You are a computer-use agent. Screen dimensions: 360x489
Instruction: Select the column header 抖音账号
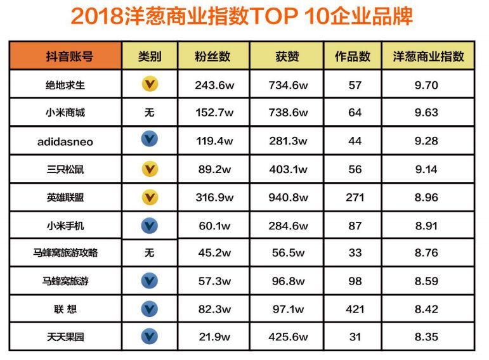pyautogui.click(x=65, y=56)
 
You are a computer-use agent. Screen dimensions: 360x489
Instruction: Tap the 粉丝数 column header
pyautogui.click(x=213, y=56)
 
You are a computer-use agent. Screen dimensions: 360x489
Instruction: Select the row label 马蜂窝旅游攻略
pyautogui.click(x=65, y=252)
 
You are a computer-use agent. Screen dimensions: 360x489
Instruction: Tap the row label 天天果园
pyautogui.click(x=65, y=337)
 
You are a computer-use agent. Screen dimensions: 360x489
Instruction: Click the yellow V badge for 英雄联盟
pyautogui.click(x=150, y=197)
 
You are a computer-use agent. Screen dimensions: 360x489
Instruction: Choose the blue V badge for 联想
pyautogui.click(x=150, y=309)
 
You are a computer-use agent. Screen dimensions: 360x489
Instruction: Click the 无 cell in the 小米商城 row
pyautogui.click(x=150, y=113)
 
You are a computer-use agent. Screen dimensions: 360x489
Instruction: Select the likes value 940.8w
pyautogui.click(x=287, y=197)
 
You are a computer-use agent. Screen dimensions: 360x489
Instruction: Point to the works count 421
pyautogui.click(x=355, y=309)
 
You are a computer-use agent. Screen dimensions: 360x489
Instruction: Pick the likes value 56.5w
pyautogui.click(x=287, y=252)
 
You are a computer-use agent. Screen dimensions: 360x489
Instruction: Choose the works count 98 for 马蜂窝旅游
pyautogui.click(x=355, y=281)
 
